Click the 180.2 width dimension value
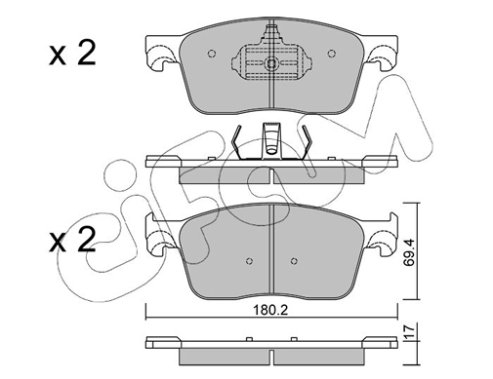pyautogui.click(x=271, y=311)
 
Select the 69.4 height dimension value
pyautogui.click(x=409, y=252)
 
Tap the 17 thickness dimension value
pyautogui.click(x=409, y=331)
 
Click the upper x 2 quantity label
pyautogui.click(x=72, y=55)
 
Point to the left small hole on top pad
pyautogui.click(x=212, y=54)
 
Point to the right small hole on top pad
pyautogui.click(x=331, y=54)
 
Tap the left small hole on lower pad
pyautogui.click(x=250, y=261)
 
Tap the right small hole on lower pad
pyautogui.click(x=294, y=261)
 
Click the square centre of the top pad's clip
pyautogui.click(x=271, y=63)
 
